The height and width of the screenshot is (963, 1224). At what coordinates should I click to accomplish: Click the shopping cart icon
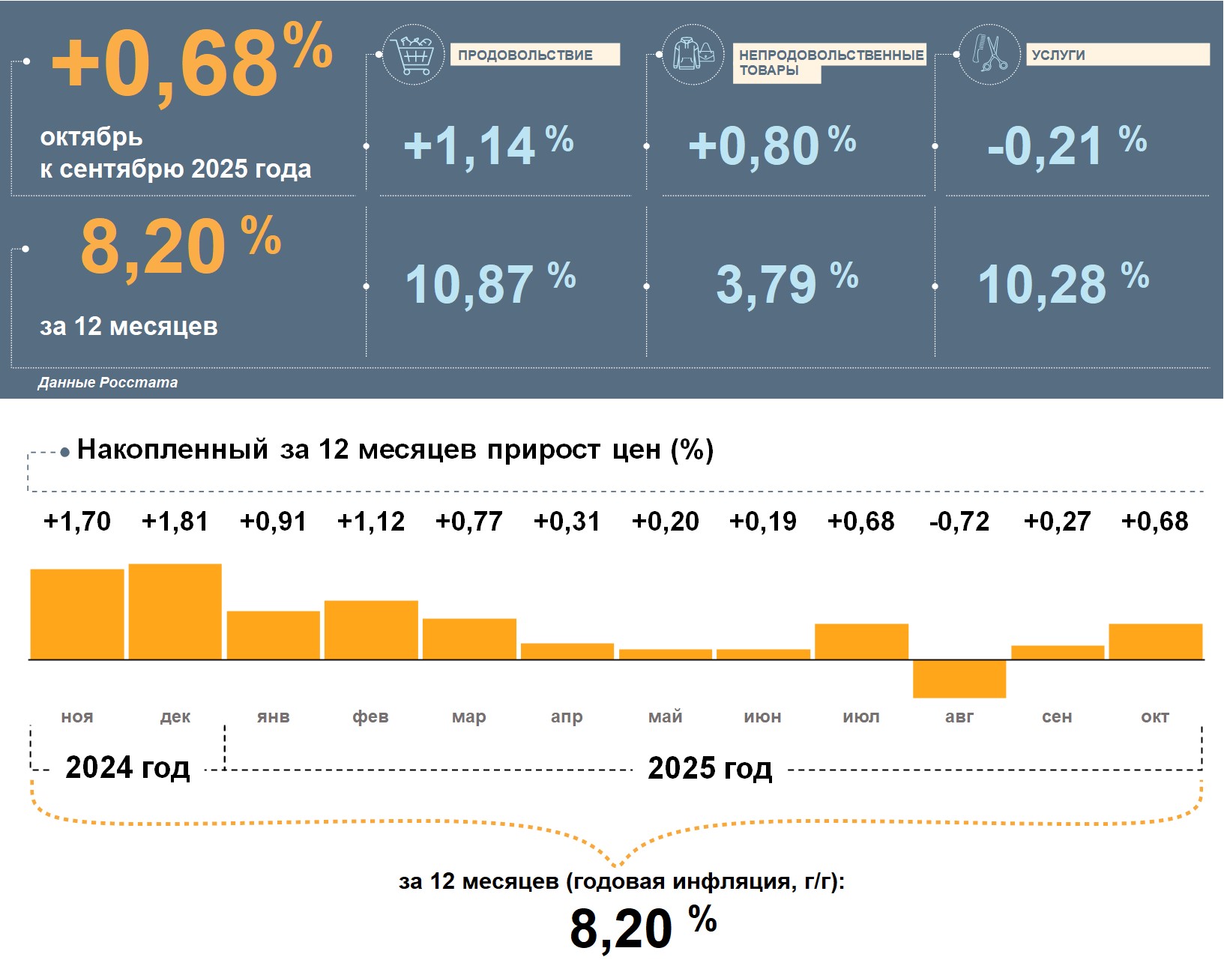[x=412, y=55]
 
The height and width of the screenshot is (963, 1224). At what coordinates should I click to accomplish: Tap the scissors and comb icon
[x=989, y=54]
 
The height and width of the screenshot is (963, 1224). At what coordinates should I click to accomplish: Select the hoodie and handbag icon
[x=693, y=54]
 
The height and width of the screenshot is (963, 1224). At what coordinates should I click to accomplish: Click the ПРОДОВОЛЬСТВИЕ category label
[x=534, y=55]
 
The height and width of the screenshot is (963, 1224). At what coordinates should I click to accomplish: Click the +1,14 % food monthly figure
[x=488, y=145]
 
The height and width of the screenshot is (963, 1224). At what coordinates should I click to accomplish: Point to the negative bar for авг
[x=959, y=679]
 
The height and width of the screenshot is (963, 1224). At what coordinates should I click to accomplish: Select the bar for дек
[x=175, y=612]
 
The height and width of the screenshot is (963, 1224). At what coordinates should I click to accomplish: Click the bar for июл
[x=861, y=642]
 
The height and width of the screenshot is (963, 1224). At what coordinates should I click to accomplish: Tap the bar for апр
[x=567, y=651]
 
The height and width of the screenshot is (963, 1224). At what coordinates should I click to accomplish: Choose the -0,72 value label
[x=959, y=521]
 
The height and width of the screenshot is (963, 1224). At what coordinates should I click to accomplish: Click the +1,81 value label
[x=175, y=521]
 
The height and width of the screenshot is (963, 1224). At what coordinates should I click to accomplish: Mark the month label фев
[x=370, y=716]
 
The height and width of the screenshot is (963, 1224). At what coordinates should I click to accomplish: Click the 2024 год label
[x=127, y=767]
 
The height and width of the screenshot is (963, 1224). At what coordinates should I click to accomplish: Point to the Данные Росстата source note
[x=108, y=382]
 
